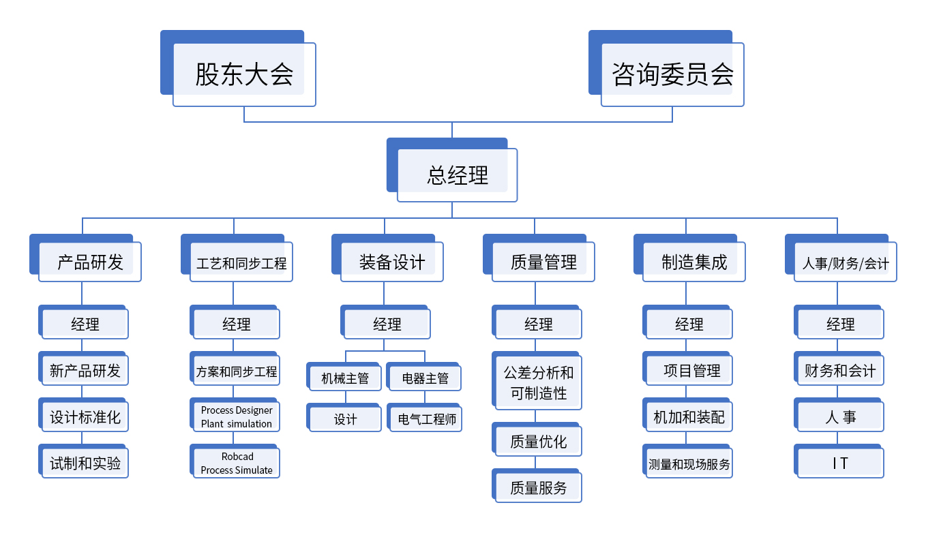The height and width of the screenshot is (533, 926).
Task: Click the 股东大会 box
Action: pos(238,68)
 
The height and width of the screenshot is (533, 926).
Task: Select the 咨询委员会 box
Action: pos(666,68)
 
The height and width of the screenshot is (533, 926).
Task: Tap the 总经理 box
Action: pos(452,170)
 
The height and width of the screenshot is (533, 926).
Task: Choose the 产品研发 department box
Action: pos(85,258)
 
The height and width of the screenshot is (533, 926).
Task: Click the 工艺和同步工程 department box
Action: pos(237,258)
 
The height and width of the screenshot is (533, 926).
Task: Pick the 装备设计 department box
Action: pos(387,258)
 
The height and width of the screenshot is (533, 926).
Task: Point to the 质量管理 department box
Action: pos(539,258)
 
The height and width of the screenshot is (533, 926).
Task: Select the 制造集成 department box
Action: pos(689,258)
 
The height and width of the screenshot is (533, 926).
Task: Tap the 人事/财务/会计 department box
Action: pos(841,258)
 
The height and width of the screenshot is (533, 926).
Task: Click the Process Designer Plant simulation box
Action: pos(235,415)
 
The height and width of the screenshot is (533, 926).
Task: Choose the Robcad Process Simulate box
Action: pos(235,461)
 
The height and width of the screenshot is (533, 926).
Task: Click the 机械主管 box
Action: pos(344,376)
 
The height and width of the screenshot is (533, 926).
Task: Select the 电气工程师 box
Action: pos(425,417)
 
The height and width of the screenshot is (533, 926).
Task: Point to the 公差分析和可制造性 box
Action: pos(537,380)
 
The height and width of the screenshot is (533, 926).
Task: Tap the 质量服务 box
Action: pos(537,485)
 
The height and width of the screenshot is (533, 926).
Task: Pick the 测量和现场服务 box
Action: pos(688,461)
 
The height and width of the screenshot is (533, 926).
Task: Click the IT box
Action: pos(839,461)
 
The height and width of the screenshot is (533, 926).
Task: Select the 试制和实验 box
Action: pos(83,461)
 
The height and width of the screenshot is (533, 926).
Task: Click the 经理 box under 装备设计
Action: pos(386,322)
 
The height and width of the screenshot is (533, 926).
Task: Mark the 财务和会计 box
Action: pos(839,369)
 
